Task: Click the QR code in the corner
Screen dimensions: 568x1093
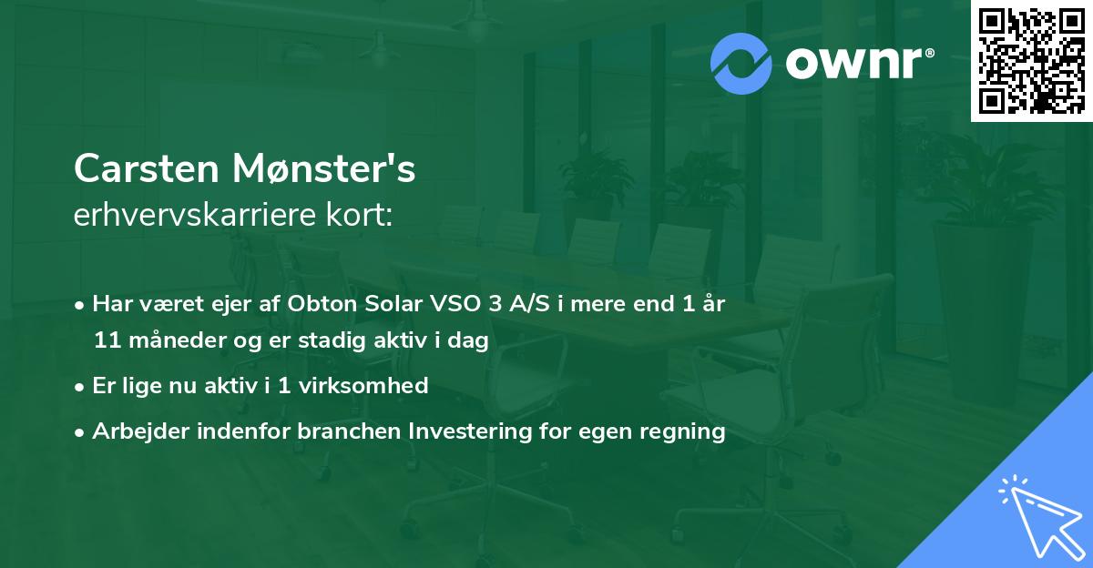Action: [x=1031, y=61]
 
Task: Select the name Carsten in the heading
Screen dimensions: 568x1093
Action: [x=148, y=168]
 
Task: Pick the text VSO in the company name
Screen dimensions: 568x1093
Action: [x=455, y=304]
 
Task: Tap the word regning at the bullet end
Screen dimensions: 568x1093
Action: [x=684, y=431]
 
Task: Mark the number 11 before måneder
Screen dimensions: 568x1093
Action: [x=106, y=341]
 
